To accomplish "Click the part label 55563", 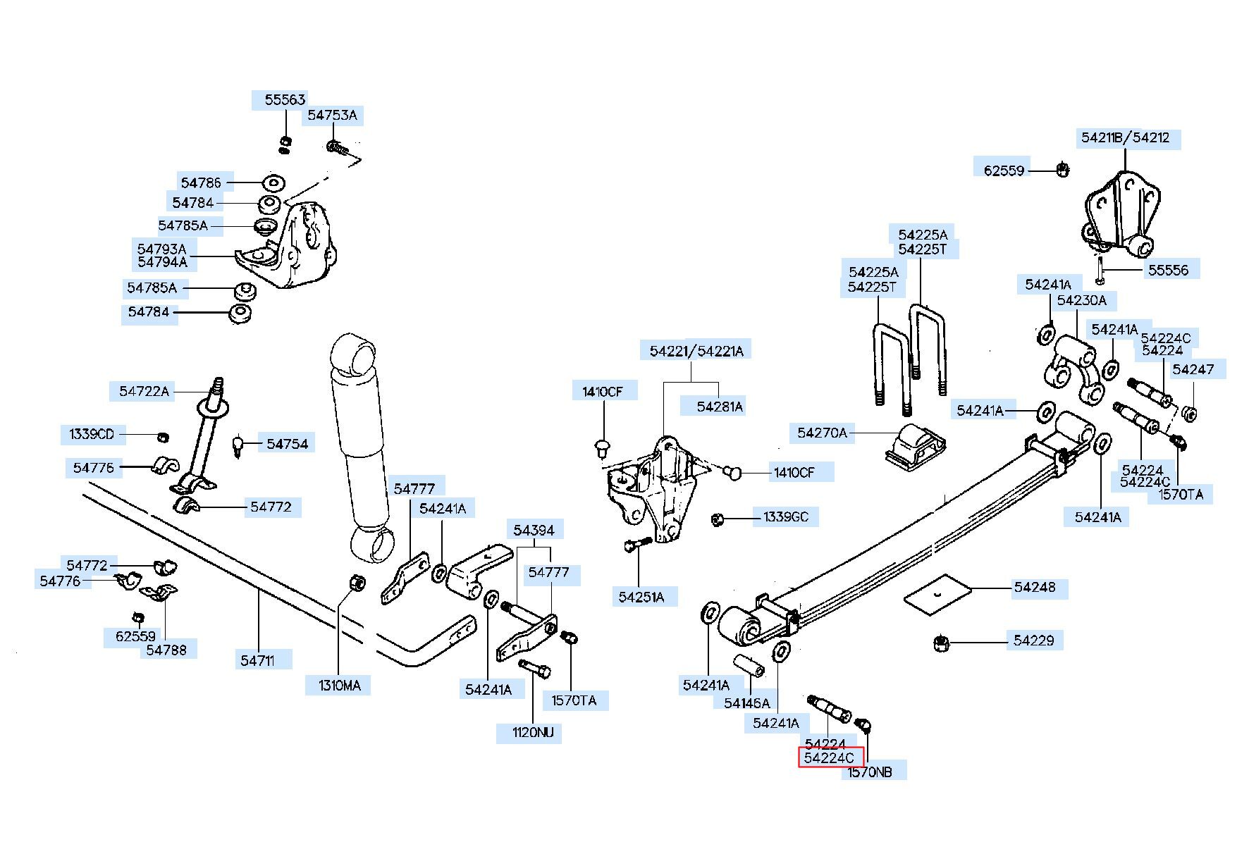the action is pos(285,100).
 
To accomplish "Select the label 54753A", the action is pos(333,116).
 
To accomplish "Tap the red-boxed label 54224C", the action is pos(830,758).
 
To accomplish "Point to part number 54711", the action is pos(257,660).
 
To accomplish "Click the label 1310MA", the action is pos(340,686).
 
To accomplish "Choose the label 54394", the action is pos(534,531).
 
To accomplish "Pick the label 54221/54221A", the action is pos(696,351).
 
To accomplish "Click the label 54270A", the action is pos(823,433).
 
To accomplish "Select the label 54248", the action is pos(1035,587).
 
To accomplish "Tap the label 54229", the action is pos(1034,640).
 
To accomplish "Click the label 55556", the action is pos(1168,270).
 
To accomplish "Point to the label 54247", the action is pos(1193,369).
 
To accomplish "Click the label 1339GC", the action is pos(786,517).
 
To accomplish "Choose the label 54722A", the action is pos(144,392).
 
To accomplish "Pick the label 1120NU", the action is pos(534,733).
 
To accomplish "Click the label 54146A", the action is pos(747,703).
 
